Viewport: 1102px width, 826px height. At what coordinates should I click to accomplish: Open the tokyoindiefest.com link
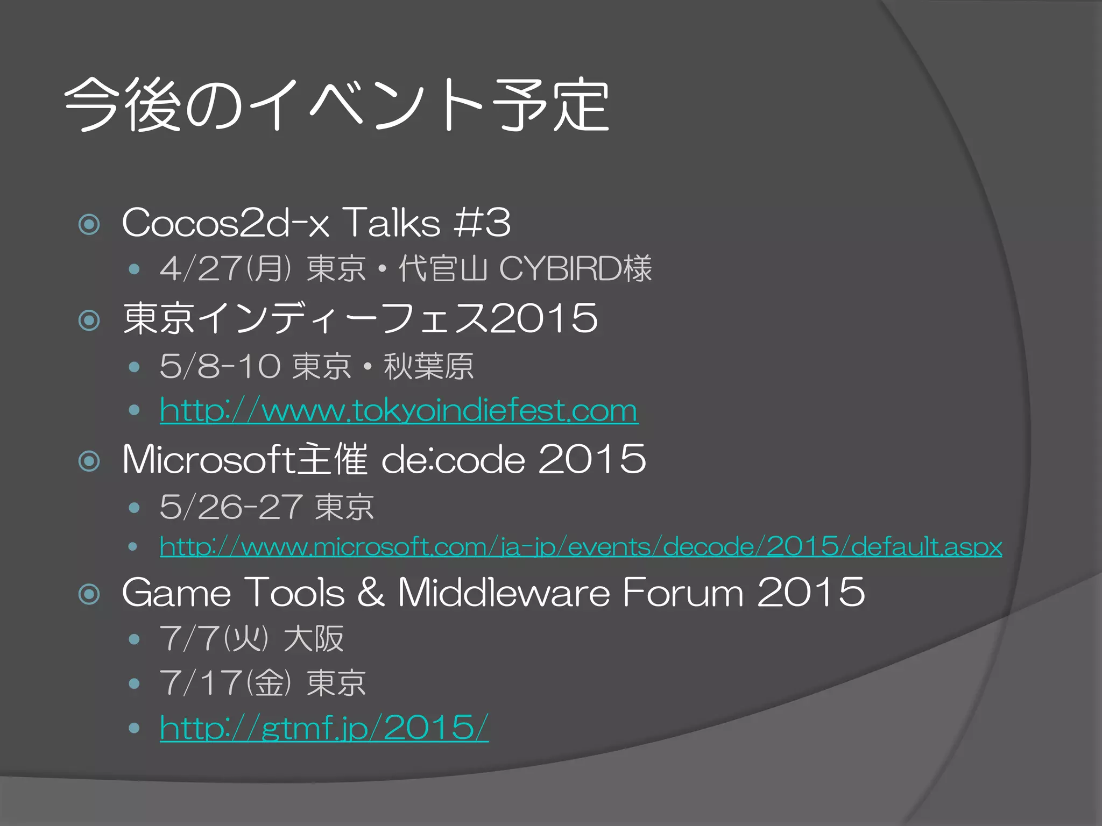click(399, 411)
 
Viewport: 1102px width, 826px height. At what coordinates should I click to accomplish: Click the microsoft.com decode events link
click(581, 547)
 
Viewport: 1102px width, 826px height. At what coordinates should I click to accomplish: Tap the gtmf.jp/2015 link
click(324, 728)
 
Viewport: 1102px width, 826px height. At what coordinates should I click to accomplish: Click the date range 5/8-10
click(220, 367)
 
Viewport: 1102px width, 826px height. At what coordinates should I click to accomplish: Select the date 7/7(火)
click(214, 639)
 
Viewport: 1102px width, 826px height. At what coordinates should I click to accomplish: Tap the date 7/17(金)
click(225, 683)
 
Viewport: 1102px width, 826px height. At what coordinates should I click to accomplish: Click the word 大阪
click(314, 639)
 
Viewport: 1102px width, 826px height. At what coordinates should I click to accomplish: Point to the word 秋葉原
click(428, 367)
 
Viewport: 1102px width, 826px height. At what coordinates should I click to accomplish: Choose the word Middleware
click(504, 593)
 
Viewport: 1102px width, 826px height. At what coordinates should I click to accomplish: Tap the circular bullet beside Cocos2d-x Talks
click(89, 224)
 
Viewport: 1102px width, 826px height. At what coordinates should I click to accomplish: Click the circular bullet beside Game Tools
click(89, 594)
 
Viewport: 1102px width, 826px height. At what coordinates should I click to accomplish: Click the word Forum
click(683, 593)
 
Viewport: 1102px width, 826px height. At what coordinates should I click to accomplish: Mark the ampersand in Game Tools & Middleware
click(371, 593)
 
